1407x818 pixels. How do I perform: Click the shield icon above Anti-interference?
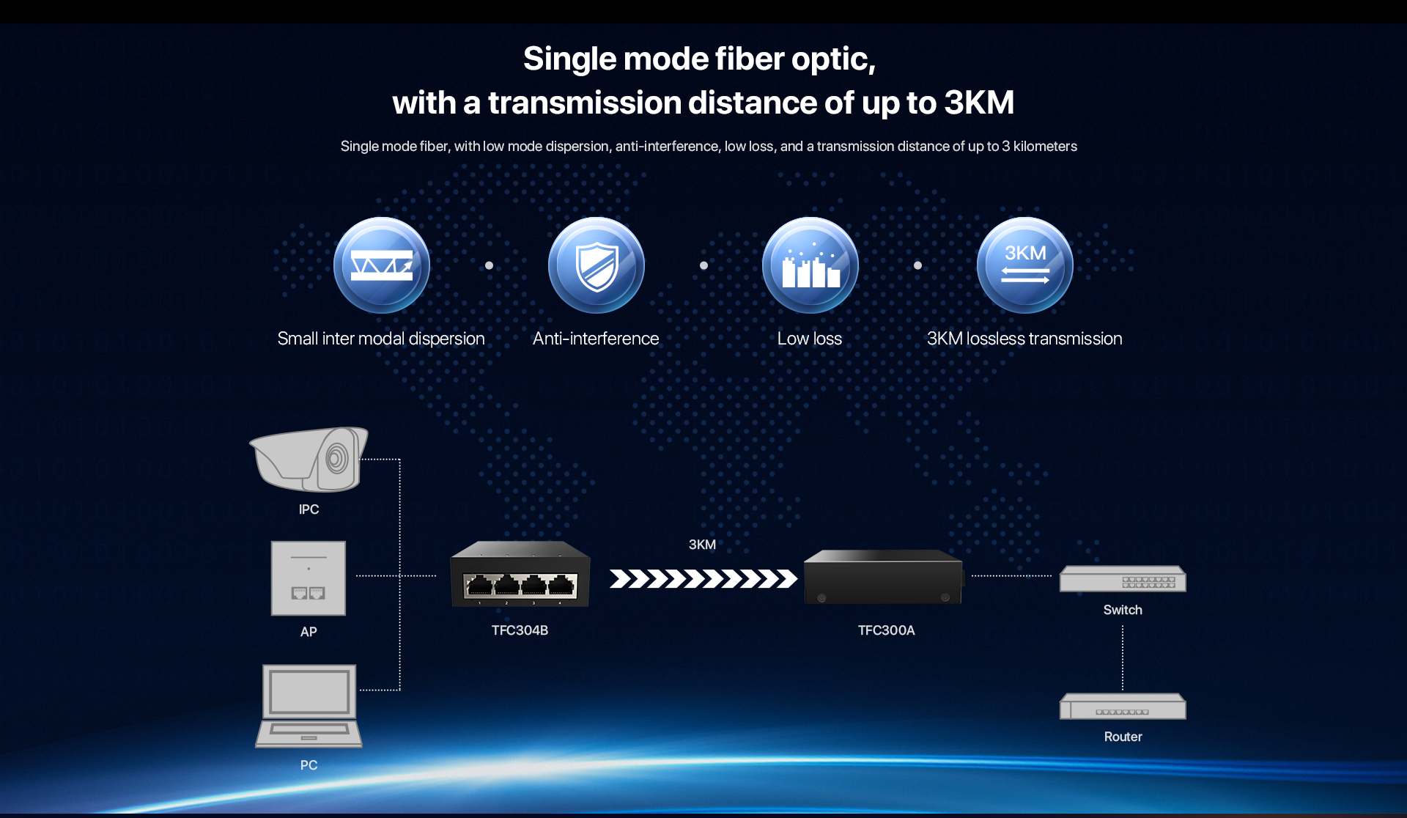click(597, 265)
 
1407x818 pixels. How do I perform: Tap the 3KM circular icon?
click(1024, 265)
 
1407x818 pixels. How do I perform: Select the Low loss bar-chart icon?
click(810, 265)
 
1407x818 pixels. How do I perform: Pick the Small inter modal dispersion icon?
click(382, 265)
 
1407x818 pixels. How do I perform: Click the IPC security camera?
click(309, 459)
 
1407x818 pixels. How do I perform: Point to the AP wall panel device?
click(309, 578)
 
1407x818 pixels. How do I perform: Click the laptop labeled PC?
click(309, 706)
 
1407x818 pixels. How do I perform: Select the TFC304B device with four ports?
click(520, 574)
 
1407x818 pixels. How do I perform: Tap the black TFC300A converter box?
click(884, 577)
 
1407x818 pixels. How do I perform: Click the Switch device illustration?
click(1123, 579)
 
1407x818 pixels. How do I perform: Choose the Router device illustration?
click(1123, 707)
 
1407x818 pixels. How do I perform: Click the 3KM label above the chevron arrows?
click(702, 545)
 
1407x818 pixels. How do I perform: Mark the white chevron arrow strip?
click(703, 579)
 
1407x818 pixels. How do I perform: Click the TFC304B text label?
click(520, 630)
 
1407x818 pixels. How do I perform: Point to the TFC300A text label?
click(887, 630)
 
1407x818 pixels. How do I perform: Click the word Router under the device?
click(1123, 737)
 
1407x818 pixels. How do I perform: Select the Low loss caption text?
click(810, 339)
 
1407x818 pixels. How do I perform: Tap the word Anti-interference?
click(596, 339)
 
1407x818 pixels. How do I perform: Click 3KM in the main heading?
click(979, 103)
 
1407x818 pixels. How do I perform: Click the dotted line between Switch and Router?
click(1123, 658)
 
